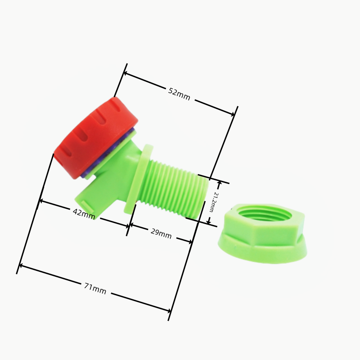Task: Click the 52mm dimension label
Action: pyautogui.click(x=179, y=94)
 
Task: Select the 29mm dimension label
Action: pyautogui.click(x=161, y=234)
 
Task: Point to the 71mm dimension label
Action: pyautogui.click(x=95, y=289)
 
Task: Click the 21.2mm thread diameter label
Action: pyautogui.click(x=214, y=202)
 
